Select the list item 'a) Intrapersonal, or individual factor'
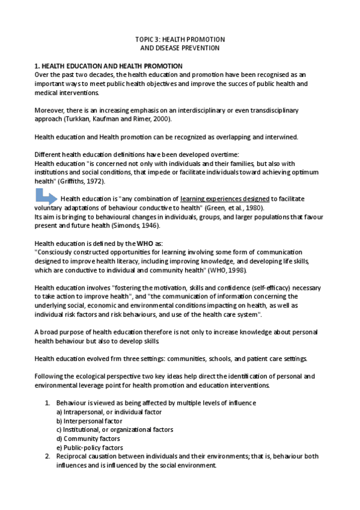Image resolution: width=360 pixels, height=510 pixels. [109, 412]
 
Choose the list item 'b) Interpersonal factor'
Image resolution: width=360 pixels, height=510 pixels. [89, 421]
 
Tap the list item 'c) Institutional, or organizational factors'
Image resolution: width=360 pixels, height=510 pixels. [115, 430]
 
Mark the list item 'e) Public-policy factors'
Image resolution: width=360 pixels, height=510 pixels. [90, 448]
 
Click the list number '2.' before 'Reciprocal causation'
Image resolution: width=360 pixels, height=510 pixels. [48, 456]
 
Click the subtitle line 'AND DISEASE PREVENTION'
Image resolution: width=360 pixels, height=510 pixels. [180, 48]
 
